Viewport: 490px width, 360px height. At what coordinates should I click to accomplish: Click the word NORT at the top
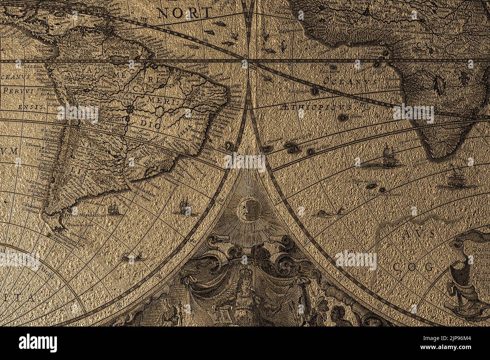click(x=184, y=13)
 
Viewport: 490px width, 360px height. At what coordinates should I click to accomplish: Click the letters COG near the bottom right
click(x=413, y=267)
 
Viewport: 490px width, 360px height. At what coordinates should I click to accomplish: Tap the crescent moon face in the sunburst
click(x=249, y=209)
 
